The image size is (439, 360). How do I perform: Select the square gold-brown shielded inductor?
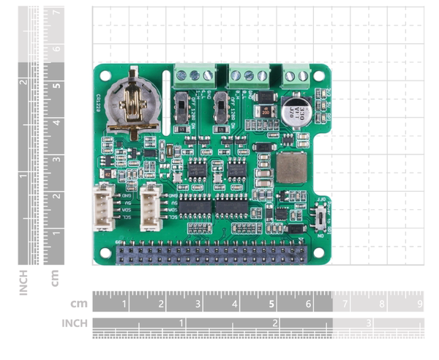290,168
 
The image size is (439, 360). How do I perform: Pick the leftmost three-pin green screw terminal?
195,75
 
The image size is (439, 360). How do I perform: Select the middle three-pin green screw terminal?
248,75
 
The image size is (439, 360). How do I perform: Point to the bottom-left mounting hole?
105,252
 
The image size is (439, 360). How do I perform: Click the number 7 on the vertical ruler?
56,13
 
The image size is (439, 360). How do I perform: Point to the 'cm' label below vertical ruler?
55,279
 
